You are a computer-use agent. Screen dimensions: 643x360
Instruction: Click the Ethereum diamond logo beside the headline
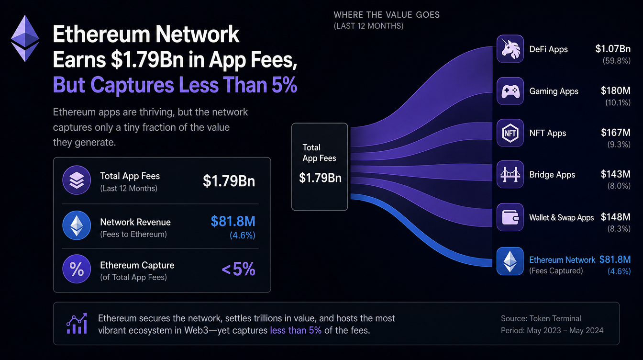click(25, 38)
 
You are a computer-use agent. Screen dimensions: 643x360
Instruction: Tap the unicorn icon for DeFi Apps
click(510, 49)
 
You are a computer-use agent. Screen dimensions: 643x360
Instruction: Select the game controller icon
click(510, 91)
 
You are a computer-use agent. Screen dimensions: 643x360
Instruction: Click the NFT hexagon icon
click(510, 133)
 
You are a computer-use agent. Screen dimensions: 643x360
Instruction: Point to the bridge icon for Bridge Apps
click(510, 174)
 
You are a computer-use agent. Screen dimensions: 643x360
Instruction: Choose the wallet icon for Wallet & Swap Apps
click(510, 217)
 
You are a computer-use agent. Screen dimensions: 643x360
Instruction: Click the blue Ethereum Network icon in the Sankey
click(510, 261)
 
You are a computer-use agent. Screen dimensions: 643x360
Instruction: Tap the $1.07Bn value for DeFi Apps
click(613, 49)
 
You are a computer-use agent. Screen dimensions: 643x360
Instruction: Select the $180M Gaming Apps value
click(615, 91)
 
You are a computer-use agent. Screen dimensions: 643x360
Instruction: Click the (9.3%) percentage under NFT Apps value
click(619, 144)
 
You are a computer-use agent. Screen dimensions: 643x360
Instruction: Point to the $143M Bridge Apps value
click(615, 174)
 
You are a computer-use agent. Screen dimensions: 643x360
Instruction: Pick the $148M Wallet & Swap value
click(615, 217)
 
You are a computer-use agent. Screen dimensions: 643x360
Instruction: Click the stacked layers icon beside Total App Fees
click(77, 180)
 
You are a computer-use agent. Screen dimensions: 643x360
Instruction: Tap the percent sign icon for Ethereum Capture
click(77, 269)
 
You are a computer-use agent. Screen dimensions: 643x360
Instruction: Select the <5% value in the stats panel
click(238, 269)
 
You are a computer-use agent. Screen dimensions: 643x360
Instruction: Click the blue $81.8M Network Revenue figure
click(233, 221)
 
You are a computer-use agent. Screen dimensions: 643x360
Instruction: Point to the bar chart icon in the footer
click(77, 324)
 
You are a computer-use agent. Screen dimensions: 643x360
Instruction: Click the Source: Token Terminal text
click(541, 318)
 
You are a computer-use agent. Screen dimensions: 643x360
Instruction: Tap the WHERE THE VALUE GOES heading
click(387, 15)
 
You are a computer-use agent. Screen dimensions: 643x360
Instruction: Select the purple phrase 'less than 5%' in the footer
click(296, 330)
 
